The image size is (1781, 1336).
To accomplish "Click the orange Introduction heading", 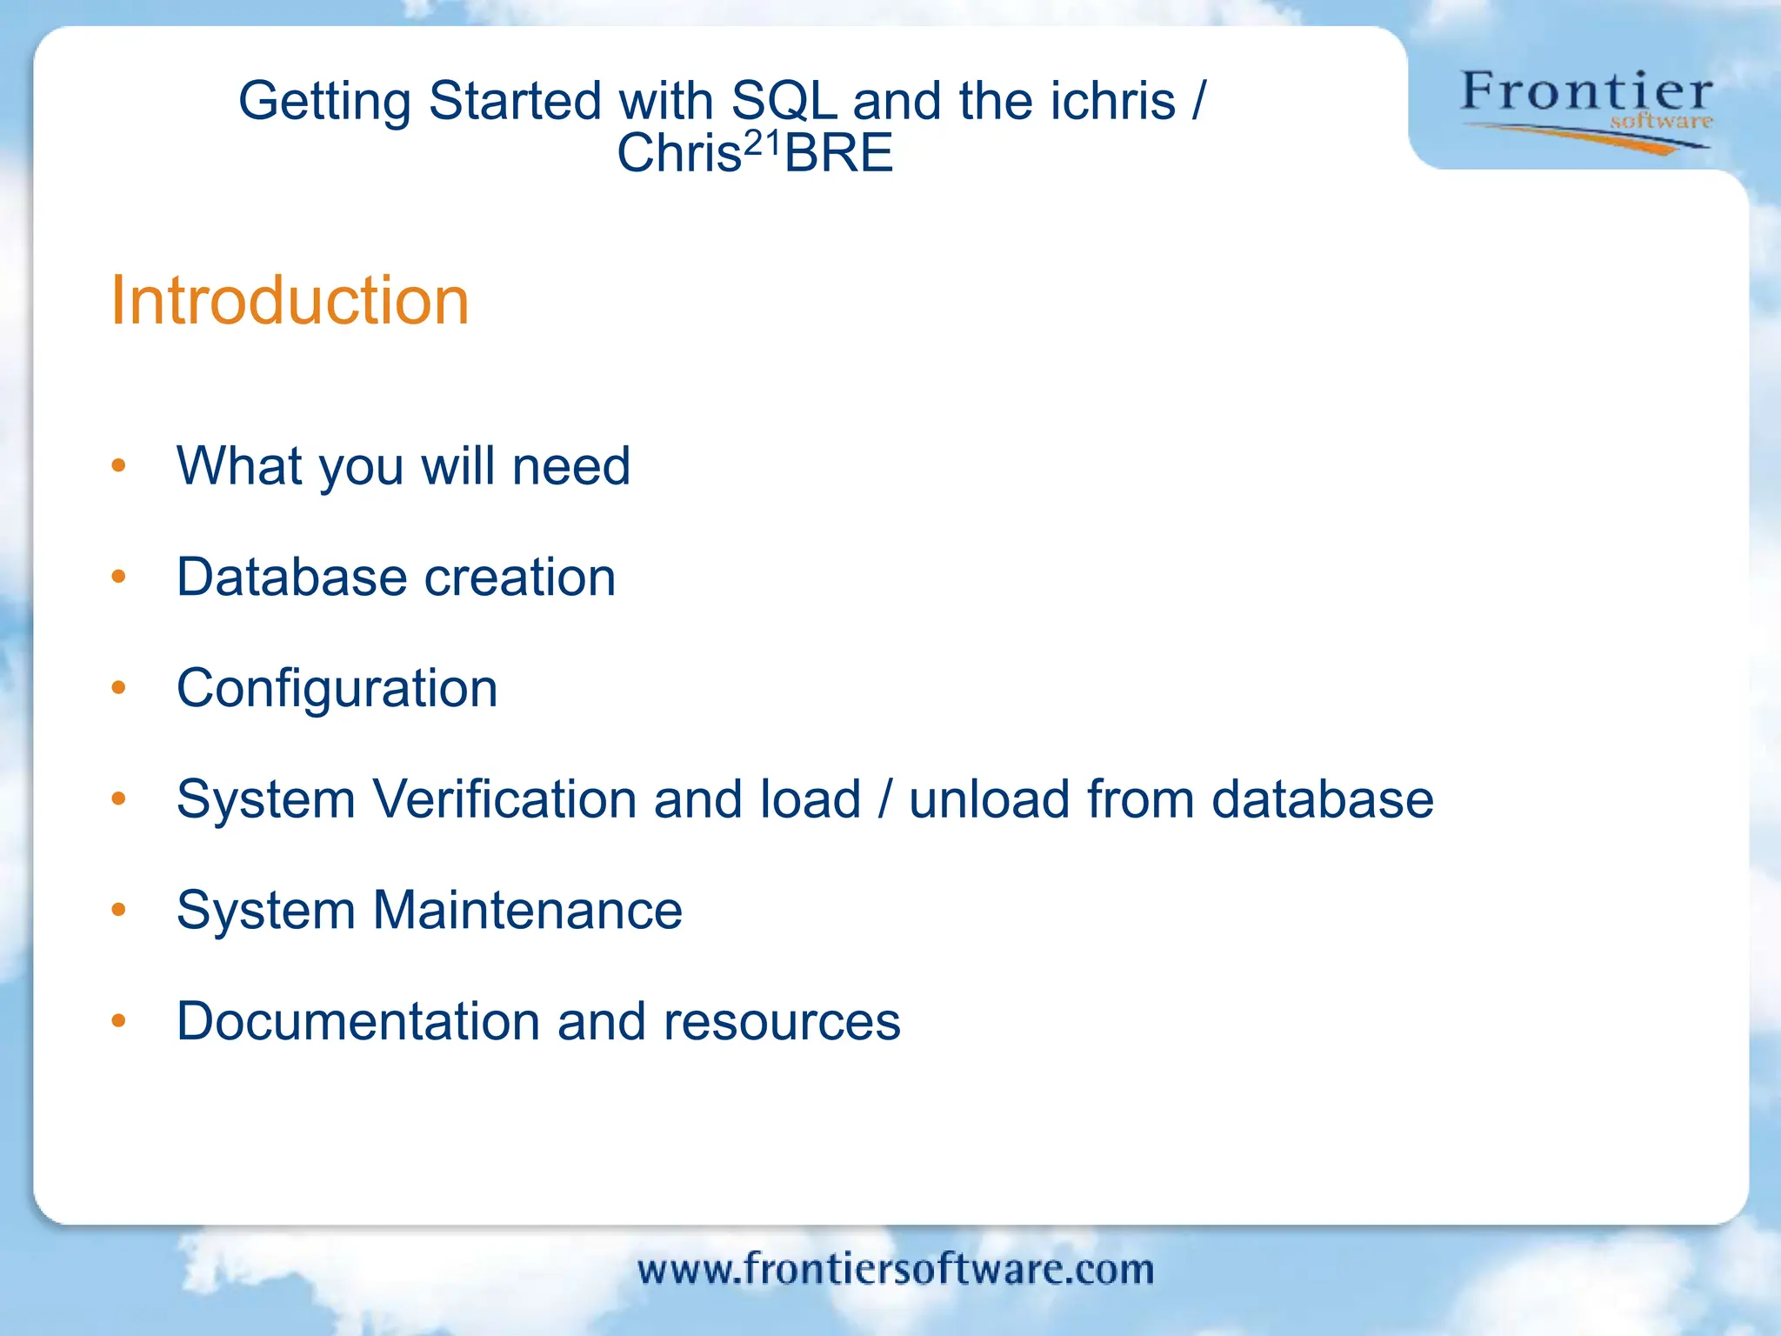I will [290, 301].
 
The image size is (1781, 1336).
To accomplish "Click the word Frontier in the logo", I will [1586, 92].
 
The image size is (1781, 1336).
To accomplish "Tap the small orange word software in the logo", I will [1660, 122].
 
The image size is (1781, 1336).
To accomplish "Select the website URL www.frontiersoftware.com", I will [896, 1269].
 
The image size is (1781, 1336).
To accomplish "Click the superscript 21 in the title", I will [763, 142].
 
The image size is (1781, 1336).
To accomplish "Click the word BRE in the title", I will [839, 154].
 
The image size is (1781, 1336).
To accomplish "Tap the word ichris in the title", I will [1113, 101].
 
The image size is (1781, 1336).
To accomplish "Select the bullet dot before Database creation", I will [119, 577].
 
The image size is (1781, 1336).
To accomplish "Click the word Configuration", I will [337, 689].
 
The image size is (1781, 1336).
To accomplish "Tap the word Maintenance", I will [528, 911].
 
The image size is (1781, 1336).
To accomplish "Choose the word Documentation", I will [357, 1021].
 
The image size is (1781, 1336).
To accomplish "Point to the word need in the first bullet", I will [571, 466].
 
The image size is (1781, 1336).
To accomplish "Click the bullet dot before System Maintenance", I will [119, 910].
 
